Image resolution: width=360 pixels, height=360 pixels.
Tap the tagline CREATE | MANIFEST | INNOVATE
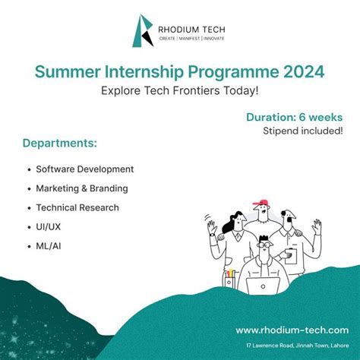191,39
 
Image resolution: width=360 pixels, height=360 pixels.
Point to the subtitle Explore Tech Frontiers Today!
179,90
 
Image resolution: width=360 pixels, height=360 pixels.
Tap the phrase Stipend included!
302,131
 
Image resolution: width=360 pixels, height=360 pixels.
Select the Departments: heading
60,143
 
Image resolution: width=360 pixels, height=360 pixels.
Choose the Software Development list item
84,169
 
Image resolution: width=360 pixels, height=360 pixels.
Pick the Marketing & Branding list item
81,188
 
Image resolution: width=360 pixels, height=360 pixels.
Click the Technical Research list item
77,207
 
